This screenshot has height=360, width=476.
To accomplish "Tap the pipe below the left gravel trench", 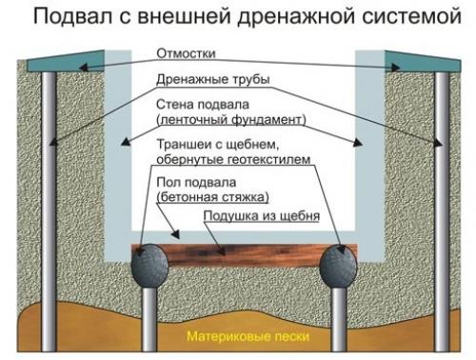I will pos(149,319).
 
